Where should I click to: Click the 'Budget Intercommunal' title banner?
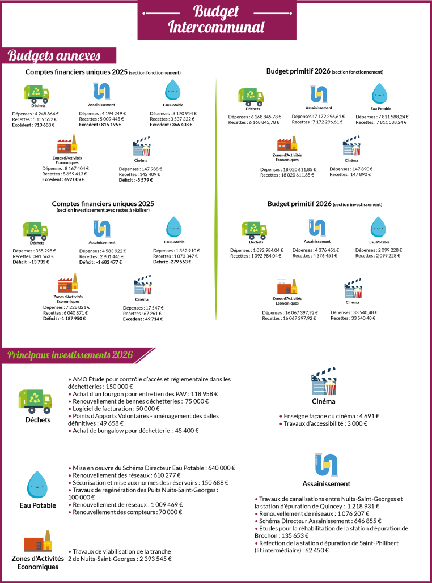coord(216,19)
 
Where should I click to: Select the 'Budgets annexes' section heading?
coord(54,55)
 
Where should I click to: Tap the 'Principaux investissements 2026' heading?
coord(70,355)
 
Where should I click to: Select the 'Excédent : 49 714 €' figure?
coord(142,319)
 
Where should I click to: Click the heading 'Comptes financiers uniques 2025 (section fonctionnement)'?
coord(103,72)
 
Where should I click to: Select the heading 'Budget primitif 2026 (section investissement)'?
coord(324,204)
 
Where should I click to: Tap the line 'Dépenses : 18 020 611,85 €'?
coord(287,169)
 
